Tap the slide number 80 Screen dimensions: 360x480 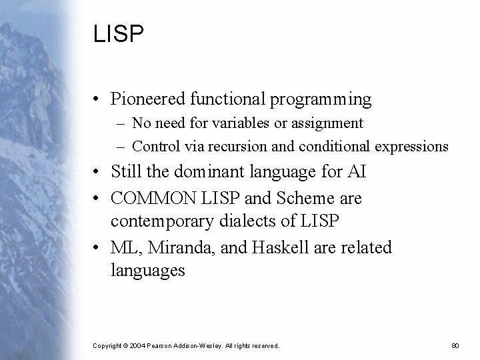tap(456, 346)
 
